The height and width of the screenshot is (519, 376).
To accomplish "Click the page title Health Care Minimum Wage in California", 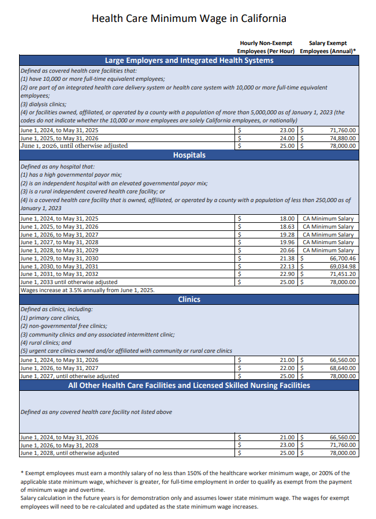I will coord(189,18).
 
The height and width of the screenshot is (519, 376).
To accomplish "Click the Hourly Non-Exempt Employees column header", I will coord(266,47).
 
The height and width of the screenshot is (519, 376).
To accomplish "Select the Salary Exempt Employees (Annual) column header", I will coord(328,47).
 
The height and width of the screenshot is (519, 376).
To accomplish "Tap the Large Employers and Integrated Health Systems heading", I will coord(189,60).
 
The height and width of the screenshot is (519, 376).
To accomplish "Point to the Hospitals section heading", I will coord(189,155).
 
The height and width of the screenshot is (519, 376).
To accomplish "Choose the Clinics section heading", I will coord(189,299).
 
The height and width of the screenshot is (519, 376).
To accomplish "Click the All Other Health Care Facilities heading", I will coord(189,385).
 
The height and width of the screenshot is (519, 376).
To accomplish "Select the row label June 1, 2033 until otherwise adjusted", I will coord(69,282).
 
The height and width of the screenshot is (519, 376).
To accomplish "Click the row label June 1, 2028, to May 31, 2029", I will coord(59,251).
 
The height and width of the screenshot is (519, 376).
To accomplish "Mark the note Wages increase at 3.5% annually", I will coord(87,290).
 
